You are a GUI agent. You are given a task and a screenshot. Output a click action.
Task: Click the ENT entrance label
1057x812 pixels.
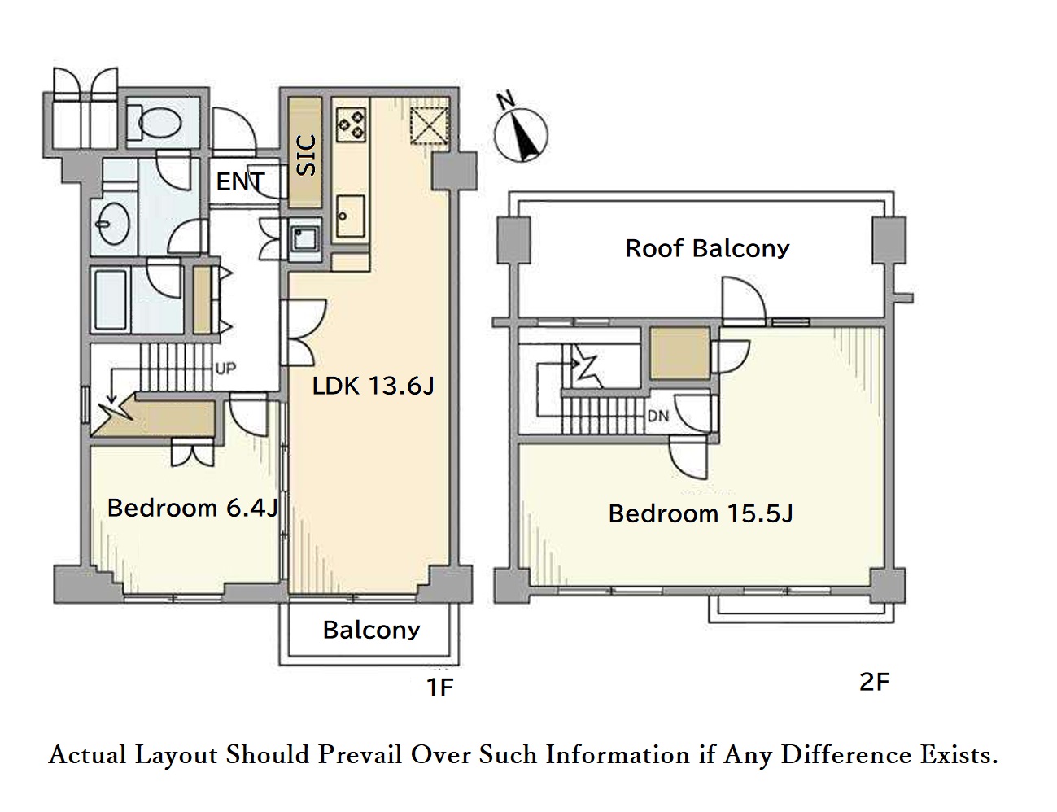coord(240,182)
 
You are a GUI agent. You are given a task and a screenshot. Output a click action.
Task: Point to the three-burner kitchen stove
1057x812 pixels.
coord(351,124)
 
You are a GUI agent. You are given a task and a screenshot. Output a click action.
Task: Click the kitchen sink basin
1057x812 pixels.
coord(350,216)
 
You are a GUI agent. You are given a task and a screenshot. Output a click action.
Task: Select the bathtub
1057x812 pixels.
coord(111,300)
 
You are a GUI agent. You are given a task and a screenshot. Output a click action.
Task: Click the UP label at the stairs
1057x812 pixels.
coord(225,368)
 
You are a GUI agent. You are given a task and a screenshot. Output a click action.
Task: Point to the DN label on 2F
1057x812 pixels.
coord(658,416)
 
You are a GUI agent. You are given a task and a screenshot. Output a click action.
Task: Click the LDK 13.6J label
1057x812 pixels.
coord(373,386)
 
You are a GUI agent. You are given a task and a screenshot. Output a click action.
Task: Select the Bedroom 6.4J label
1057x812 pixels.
coord(193,508)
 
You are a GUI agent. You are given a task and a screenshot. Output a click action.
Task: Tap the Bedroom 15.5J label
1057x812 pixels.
coord(701,513)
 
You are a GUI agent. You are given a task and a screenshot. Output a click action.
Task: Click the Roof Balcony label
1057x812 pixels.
coord(707,248)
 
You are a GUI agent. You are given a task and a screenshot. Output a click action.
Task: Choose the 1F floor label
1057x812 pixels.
coord(439,688)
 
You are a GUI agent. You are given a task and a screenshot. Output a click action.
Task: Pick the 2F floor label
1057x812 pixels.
coord(875,682)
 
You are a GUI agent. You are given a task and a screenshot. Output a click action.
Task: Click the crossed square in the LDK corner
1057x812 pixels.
coord(429,126)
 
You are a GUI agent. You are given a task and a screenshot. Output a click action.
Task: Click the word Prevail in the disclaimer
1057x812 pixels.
coord(360,754)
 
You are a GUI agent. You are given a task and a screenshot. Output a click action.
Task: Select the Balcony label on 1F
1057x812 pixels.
coord(371,630)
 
